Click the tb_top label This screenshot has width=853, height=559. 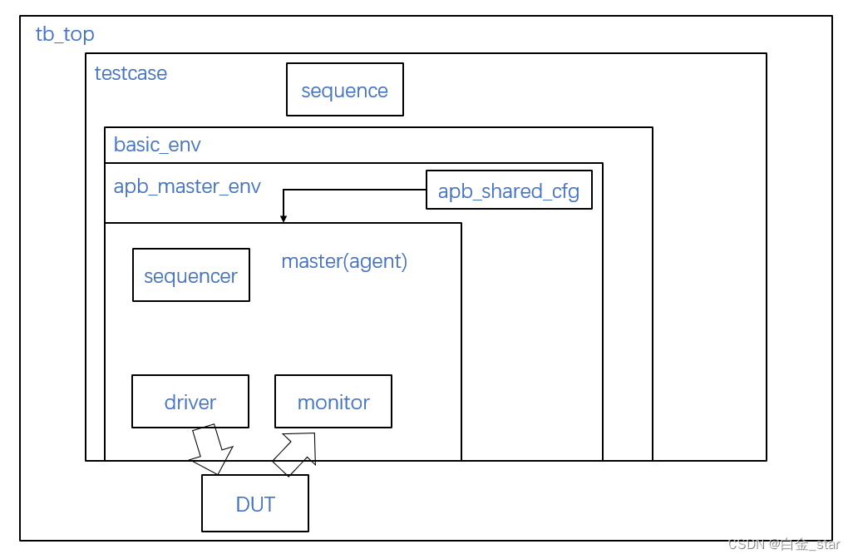coord(65,34)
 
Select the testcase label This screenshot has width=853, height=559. coord(131,73)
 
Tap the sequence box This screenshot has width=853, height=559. coord(344,90)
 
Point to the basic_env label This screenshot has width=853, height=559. coord(157,145)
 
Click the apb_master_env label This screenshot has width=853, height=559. coord(187,186)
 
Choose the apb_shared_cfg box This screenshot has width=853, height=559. coord(508,190)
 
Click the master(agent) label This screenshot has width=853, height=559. coord(344,261)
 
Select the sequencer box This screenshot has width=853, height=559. coord(190,275)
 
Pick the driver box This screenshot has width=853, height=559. coord(190,402)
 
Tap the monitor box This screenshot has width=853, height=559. coord(333,402)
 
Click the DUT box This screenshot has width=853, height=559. coord(254,503)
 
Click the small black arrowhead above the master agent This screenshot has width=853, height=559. coord(284,219)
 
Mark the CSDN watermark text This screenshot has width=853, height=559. coord(783,545)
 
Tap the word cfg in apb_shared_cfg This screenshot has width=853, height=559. coord(565,191)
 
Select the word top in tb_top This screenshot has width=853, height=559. coord(79,34)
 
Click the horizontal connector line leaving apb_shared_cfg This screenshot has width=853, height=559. coord(357,190)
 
